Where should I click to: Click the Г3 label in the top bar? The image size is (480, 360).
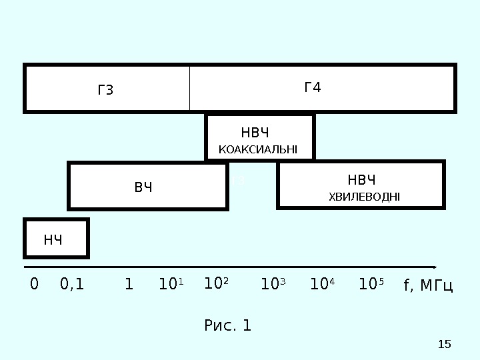coord(106,90)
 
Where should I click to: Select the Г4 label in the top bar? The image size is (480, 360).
coord(312,87)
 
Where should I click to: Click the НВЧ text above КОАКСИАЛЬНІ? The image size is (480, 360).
coord(259,131)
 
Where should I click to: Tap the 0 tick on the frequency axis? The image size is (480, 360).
coord(35,285)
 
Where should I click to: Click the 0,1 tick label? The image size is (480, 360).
coord(72,285)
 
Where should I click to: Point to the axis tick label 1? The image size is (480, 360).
coord(129,285)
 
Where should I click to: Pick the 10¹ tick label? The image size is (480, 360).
coord(171,285)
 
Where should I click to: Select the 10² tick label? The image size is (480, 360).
coord(216,285)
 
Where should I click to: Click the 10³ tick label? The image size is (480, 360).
coord(272,285)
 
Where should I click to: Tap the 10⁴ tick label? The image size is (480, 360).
coord(323,285)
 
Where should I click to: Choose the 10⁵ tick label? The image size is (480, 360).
coord(371,285)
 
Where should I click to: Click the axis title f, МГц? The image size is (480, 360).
coord(428,286)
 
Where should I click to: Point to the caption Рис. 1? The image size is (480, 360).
coord(227,326)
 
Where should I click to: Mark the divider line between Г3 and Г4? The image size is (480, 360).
coord(190,88)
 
